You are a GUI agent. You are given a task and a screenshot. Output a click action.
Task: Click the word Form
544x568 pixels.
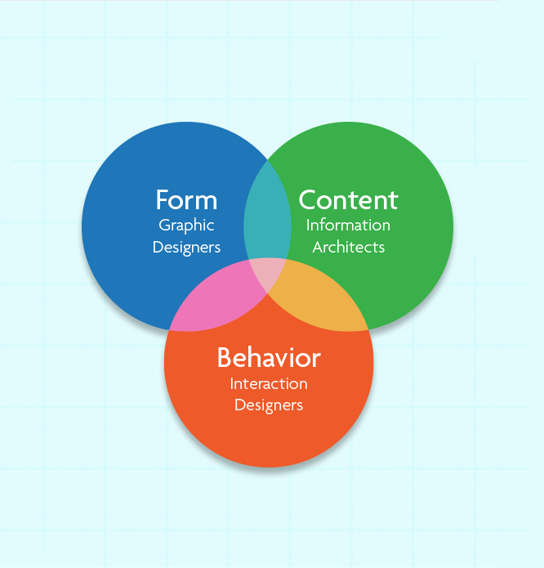pos(186,199)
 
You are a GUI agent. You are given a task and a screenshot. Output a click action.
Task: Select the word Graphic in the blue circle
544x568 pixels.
pos(186,226)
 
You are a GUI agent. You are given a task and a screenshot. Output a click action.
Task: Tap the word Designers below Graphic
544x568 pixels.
pos(186,248)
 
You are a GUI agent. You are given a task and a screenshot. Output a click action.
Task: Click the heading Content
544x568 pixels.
pos(348,199)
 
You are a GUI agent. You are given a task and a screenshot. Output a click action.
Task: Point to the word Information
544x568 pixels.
pos(348,225)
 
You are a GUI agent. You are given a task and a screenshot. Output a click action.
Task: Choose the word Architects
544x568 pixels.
pos(348,247)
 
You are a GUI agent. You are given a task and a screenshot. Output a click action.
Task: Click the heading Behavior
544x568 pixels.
pos(269,357)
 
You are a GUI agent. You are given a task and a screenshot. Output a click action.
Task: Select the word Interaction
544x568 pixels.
pos(269,383)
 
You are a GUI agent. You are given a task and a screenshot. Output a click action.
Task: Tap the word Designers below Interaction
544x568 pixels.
pos(269,405)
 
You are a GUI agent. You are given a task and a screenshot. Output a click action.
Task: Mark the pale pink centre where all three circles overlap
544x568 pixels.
pos(267,271)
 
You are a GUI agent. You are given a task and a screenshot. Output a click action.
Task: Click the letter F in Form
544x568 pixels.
pos(163,199)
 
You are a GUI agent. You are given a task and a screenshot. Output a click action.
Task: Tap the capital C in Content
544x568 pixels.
pos(308,199)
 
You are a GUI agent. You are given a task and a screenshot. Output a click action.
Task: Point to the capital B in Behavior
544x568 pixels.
pos(225,357)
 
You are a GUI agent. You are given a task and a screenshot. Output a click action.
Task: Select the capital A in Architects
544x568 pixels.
pos(318,247)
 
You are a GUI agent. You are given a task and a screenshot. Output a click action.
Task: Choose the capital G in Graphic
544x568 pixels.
pos(165,225)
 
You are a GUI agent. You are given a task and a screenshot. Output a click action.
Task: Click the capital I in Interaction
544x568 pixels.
pos(232,383)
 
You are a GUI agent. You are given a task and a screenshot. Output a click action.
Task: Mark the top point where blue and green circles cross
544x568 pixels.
pos(267,159)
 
